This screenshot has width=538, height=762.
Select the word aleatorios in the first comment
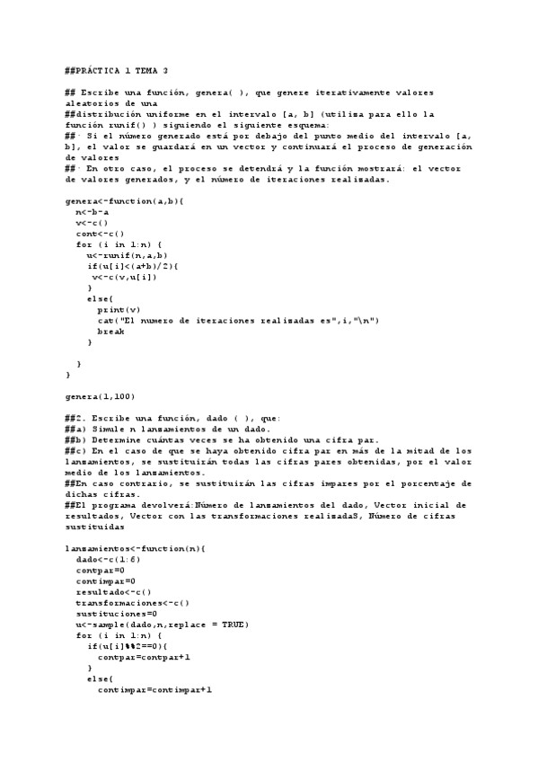[x=91, y=103]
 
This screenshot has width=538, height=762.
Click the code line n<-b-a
[x=93, y=212]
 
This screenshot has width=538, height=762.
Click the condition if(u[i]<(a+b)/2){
[x=133, y=266]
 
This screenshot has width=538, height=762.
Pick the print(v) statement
[x=119, y=309]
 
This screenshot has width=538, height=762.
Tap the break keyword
[x=111, y=331]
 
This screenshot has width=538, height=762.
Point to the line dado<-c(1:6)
[x=111, y=559]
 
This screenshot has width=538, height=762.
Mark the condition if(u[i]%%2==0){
[x=133, y=646]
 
